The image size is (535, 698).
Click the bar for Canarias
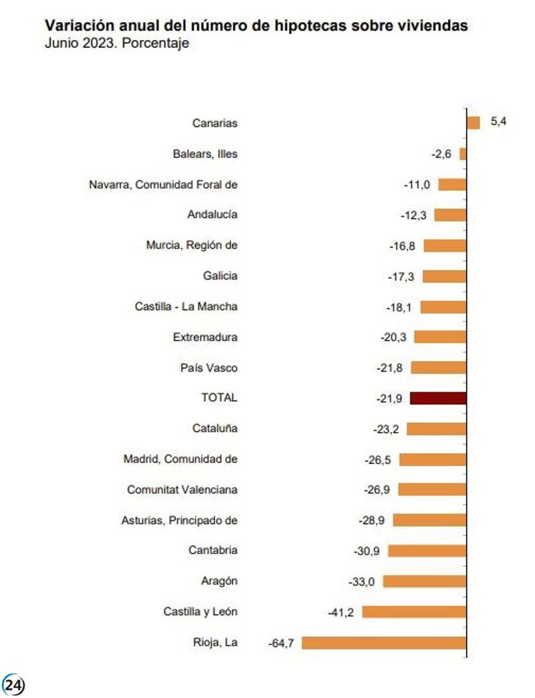pos(473,123)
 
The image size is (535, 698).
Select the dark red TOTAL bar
pos(438,398)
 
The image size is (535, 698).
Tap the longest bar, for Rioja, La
pos(385,643)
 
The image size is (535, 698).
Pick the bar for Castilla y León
pos(414,612)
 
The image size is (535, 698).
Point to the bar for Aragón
pos(425,582)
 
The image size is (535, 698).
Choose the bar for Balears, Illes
pos(463,154)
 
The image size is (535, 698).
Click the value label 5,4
pos(499,122)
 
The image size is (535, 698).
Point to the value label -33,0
pos(362,582)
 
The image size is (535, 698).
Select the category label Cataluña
pos(215,428)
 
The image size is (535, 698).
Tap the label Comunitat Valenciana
pos(183,489)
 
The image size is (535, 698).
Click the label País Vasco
pos(209,368)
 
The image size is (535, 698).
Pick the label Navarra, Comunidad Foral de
pos(163,185)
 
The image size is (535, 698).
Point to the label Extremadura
pos(205,337)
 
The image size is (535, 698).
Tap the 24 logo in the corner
pos(14,685)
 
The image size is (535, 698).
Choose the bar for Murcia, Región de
pos(445,245)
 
